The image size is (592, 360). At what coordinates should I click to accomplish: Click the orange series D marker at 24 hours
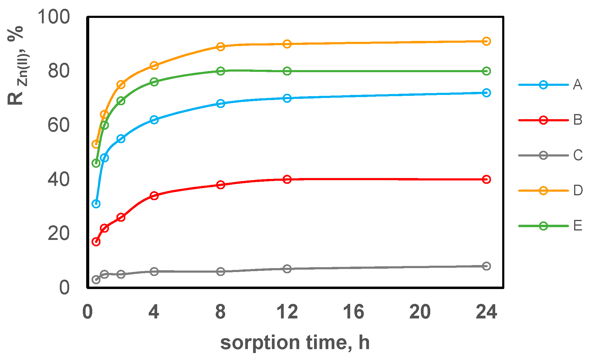pos(486,41)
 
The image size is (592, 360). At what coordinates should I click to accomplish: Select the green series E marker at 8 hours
pos(221,71)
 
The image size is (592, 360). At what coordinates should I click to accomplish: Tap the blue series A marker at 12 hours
pos(287,98)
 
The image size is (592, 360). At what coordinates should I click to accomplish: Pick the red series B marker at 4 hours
pos(154,196)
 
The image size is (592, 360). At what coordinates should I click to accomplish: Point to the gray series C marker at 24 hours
pos(486,266)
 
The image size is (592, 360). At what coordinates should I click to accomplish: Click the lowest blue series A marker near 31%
pos(96,204)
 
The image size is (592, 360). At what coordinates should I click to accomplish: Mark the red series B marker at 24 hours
pos(486,180)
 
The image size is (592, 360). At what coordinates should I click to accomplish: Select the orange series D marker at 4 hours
pos(154,66)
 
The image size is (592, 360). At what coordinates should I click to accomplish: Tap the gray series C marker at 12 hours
pos(287,269)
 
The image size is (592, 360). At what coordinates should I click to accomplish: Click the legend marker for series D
pos(543,191)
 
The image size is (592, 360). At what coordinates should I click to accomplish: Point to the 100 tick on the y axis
pos(54,17)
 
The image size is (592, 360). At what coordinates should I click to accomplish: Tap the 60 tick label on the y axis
pos(59,125)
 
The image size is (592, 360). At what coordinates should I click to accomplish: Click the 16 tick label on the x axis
pos(354,312)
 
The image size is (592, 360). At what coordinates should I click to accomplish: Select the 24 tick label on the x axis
pos(486,312)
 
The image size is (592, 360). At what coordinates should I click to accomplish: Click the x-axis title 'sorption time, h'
pos(295,343)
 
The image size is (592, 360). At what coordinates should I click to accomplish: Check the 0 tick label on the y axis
pos(64,288)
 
